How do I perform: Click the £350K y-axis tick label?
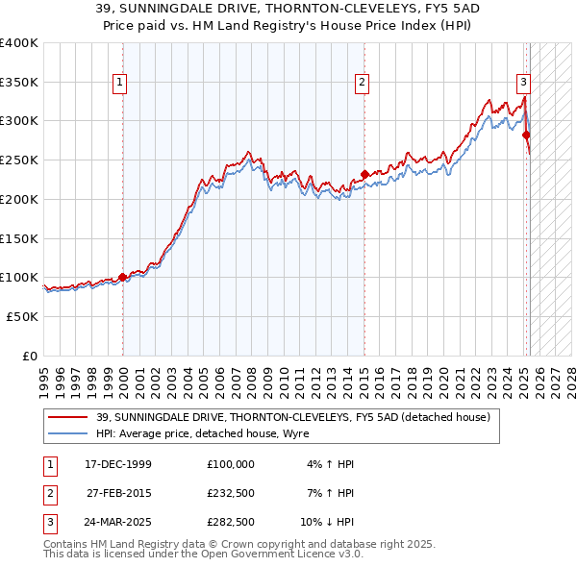pyautogui.click(x=19, y=83)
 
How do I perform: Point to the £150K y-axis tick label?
pyautogui.click(x=19, y=238)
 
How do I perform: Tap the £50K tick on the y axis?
pyautogui.click(x=23, y=316)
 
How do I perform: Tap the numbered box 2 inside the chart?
pyautogui.click(x=363, y=84)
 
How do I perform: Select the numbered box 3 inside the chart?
pyautogui.click(x=523, y=84)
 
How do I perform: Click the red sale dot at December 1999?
pyautogui.click(x=123, y=278)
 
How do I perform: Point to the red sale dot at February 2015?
pyautogui.click(x=364, y=174)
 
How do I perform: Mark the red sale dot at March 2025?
pyautogui.click(x=527, y=136)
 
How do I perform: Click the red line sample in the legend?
pyautogui.click(x=69, y=417)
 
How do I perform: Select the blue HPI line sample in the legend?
pyautogui.click(x=69, y=433)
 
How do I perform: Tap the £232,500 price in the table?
pyautogui.click(x=230, y=493)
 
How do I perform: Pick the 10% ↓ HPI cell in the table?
pyautogui.click(x=327, y=522)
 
